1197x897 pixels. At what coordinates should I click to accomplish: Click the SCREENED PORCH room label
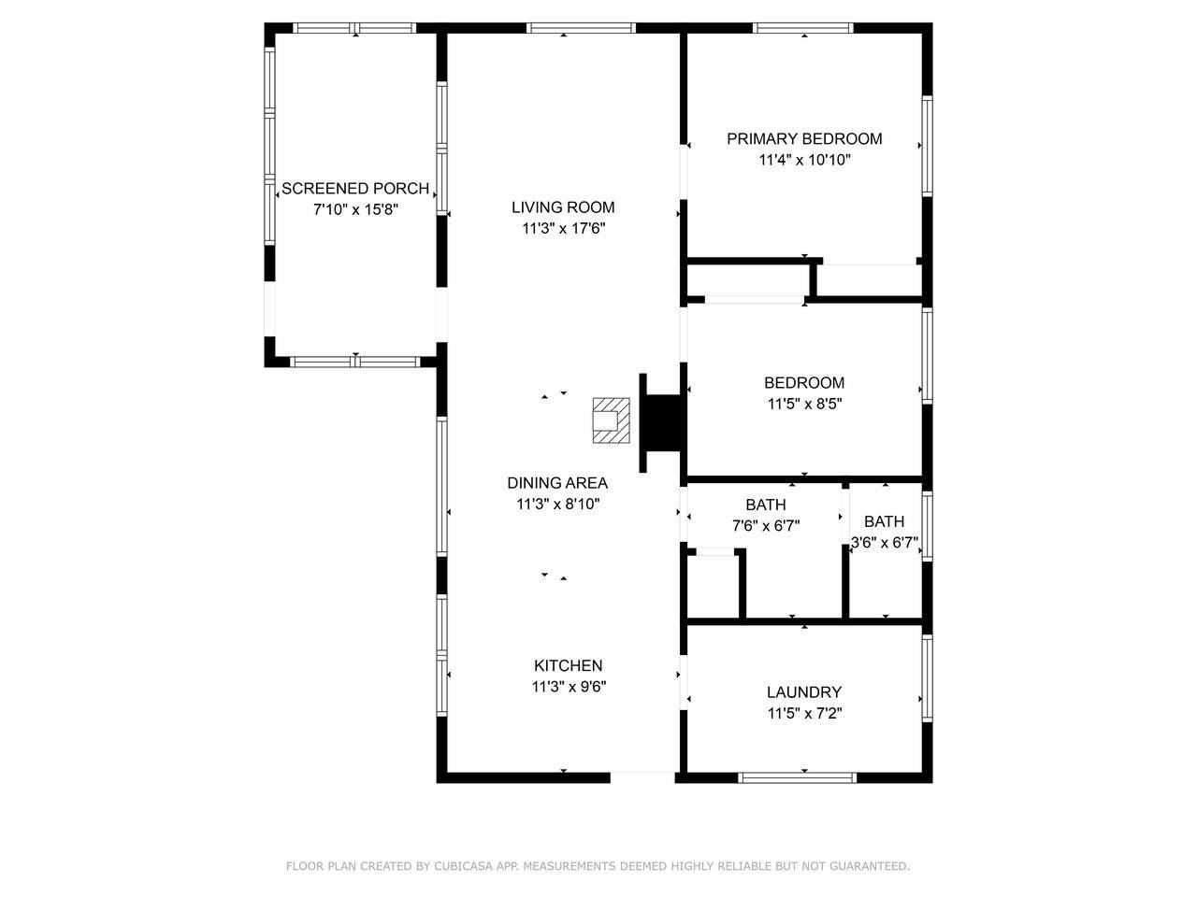pos(355,189)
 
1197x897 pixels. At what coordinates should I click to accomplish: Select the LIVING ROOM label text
pos(563,207)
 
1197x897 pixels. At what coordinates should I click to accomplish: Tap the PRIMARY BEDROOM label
pos(804,139)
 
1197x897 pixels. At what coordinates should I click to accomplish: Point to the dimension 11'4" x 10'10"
pos(804,160)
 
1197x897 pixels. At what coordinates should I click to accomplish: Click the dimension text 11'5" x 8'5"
pos(804,405)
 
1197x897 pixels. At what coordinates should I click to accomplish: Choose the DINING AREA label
pos(557,483)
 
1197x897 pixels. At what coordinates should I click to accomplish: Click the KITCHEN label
pos(568,666)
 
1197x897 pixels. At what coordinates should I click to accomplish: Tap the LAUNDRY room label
pos(804,692)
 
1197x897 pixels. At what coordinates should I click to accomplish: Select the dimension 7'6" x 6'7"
pos(765,525)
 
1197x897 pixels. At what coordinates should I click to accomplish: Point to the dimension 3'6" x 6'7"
pos(884,542)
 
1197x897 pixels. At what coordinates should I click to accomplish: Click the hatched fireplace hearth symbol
pos(610,420)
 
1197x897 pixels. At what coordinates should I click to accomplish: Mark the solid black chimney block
pos(662,422)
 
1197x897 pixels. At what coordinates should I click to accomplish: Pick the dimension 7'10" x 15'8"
pos(355,209)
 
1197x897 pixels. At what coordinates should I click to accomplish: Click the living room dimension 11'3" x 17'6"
pos(563,228)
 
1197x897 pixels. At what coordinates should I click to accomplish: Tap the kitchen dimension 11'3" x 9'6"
pos(568,687)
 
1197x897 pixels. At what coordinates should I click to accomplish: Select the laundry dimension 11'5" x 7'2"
pos(804,713)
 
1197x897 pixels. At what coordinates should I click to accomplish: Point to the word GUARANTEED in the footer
pos(871,866)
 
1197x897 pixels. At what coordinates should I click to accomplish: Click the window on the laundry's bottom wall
pos(798,776)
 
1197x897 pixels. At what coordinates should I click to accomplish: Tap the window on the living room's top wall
pos(582,28)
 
